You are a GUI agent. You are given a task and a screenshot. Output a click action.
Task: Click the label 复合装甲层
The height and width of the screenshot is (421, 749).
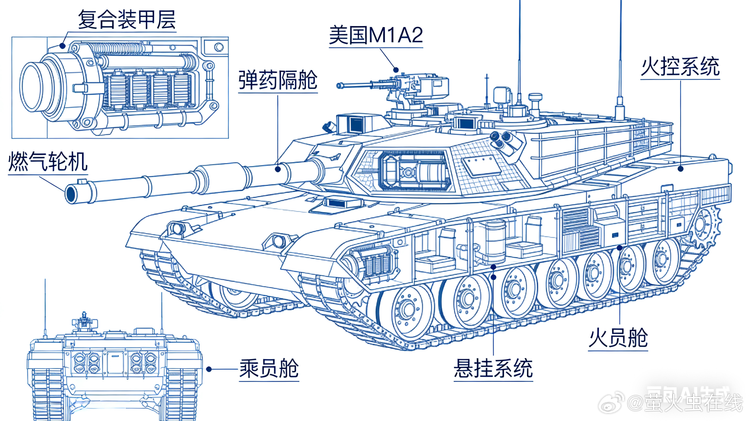(x=127, y=20)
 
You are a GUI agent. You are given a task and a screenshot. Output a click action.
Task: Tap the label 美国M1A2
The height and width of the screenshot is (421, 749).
(x=376, y=35)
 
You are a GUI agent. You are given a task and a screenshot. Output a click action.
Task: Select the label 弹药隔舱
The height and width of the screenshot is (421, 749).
(x=278, y=80)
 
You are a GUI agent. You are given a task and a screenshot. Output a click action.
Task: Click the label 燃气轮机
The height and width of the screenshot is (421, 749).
(x=48, y=162)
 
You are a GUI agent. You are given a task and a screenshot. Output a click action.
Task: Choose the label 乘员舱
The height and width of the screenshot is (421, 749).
(x=269, y=368)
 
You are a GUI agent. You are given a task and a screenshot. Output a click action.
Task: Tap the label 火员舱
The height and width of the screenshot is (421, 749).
(x=618, y=338)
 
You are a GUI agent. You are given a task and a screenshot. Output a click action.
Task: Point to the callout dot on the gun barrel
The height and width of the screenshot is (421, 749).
(x=278, y=169)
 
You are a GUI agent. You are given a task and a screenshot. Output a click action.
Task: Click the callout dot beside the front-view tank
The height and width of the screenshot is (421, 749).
(x=209, y=369)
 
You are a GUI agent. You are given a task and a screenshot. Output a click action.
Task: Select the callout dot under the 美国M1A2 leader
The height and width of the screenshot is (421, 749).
(x=396, y=70)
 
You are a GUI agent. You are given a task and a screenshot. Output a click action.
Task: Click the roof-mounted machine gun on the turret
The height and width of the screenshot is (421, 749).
(x=378, y=84)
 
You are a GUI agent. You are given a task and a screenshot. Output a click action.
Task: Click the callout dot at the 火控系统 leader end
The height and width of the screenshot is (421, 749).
(x=680, y=169)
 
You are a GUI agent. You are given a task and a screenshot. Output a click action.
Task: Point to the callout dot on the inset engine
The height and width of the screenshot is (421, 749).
(x=62, y=46)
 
